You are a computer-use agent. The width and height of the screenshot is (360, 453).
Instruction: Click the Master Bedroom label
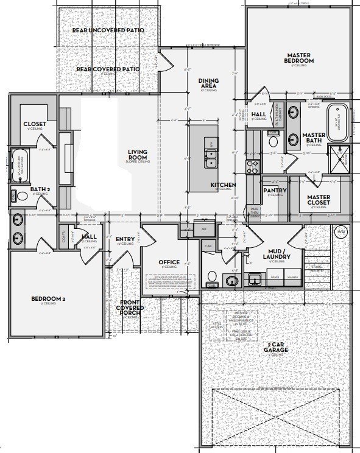[299, 58]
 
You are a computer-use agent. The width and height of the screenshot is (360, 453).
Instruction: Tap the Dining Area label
[209, 85]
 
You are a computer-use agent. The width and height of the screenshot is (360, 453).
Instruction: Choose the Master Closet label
[318, 200]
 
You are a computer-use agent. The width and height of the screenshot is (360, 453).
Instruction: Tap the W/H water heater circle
[341, 231]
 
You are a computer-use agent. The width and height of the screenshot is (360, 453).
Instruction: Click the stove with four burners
[253, 165]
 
